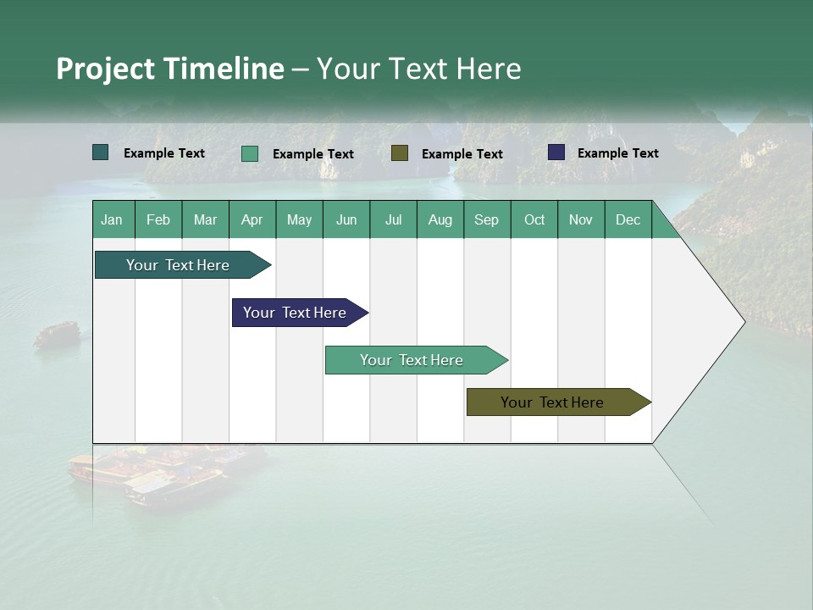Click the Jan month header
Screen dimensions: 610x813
click(113, 219)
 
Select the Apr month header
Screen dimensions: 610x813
click(252, 219)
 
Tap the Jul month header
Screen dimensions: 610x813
click(393, 219)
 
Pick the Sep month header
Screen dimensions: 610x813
click(487, 219)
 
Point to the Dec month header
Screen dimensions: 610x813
click(628, 219)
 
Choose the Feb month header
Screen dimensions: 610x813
click(158, 219)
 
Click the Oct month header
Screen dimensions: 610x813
click(534, 219)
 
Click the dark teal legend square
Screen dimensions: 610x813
click(101, 152)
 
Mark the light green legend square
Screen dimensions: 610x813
click(250, 153)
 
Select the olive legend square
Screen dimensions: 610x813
click(400, 153)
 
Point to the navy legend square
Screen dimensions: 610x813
click(556, 152)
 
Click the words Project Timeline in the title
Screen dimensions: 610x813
click(170, 69)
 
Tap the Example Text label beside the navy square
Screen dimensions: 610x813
click(618, 153)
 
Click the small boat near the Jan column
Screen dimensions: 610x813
click(57, 334)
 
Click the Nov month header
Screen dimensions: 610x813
click(581, 219)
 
